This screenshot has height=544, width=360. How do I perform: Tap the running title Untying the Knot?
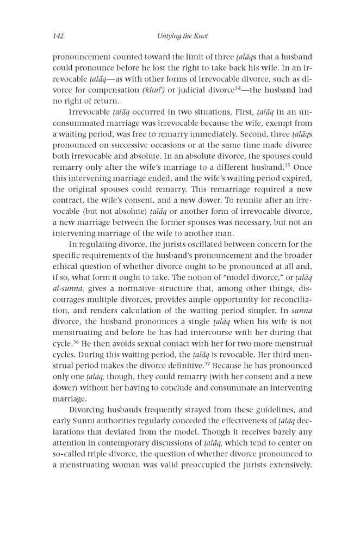179,36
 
